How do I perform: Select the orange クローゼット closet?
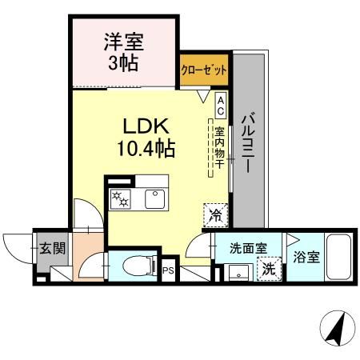pyautogui.click(x=203, y=70)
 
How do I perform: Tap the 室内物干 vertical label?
pyautogui.click(x=219, y=145)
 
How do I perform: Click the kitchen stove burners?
pyautogui.click(x=119, y=198)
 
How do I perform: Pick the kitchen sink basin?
pyautogui.click(x=152, y=198)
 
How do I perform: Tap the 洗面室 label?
pyautogui.click(x=243, y=248)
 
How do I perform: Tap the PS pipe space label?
pyautogui.click(x=168, y=271)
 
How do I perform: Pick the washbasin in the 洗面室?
pyautogui.click(x=237, y=273)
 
